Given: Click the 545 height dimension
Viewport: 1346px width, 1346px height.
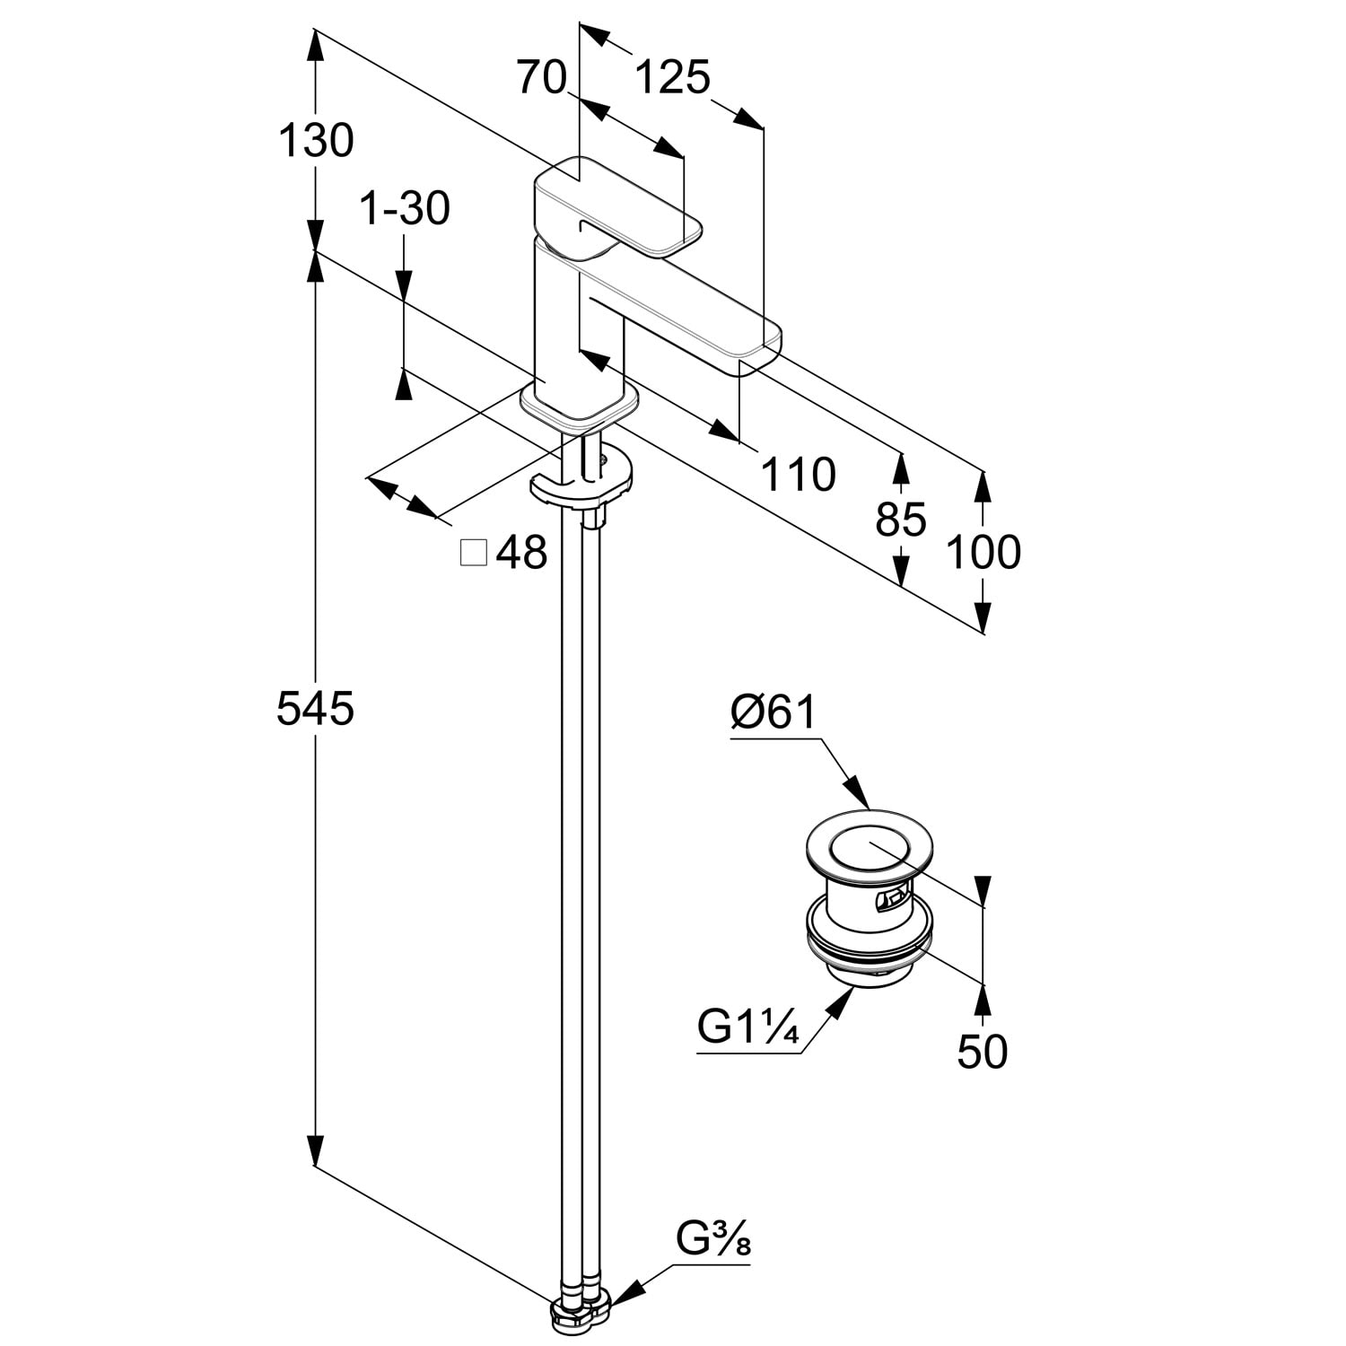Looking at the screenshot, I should coord(315,709).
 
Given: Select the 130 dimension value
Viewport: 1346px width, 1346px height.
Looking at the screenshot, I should coord(315,141).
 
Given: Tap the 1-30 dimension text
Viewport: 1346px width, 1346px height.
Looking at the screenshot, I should coord(405,209).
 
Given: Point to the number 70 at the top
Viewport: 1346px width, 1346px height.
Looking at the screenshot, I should coord(542,78).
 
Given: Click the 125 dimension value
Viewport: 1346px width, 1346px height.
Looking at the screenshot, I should coord(672,78).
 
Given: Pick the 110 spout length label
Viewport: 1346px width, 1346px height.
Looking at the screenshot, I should coord(798,474).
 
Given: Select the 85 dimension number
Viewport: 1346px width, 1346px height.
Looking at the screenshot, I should coord(901,519).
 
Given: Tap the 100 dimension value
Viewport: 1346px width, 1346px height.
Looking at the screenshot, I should coord(983,552).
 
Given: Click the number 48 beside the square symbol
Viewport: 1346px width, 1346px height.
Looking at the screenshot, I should coord(521,553).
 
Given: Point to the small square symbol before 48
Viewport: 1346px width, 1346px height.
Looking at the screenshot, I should coord(473,553).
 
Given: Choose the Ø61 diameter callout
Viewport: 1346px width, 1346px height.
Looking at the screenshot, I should coord(774,712).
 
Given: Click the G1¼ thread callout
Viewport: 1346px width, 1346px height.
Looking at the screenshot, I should coord(748,1027).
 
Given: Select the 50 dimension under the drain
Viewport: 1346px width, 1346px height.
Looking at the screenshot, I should coord(983,1051).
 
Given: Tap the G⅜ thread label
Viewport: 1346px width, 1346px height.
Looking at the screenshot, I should coord(713,1241).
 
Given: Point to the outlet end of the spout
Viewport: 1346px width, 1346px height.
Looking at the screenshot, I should coord(759,350).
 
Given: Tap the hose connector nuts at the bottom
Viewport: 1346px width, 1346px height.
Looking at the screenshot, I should coord(581,1313).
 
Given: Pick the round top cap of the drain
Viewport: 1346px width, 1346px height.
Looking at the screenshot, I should coord(866,847).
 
